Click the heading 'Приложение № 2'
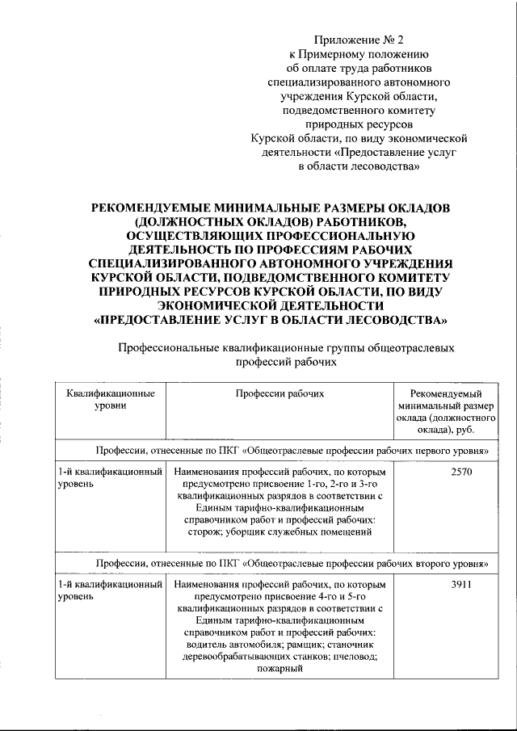coord(359,38)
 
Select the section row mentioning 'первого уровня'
coord(280,449)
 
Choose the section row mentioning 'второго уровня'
coord(280,562)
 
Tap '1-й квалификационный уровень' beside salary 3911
coord(109,589)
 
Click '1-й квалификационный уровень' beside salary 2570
coord(109,476)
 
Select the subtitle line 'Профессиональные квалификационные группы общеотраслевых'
coord(286,348)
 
